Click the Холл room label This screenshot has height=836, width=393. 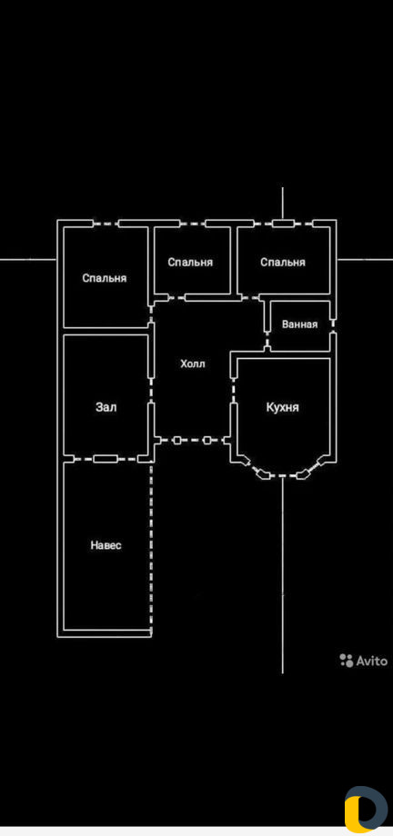(x=193, y=364)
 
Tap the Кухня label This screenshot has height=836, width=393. (x=282, y=408)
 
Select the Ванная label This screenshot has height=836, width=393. (x=299, y=324)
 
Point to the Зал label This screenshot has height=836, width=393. (x=106, y=407)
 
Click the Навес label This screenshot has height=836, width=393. (x=106, y=545)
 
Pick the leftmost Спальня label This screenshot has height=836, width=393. (x=105, y=278)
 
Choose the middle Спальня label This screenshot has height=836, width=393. (x=190, y=263)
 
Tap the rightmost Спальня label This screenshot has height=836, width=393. (x=283, y=263)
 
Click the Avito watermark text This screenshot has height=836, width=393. (x=372, y=661)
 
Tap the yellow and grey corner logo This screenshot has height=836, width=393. (x=367, y=809)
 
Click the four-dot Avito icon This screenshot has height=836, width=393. (x=347, y=660)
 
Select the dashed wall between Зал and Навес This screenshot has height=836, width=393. (x=106, y=459)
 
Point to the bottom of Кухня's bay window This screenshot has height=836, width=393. (x=282, y=474)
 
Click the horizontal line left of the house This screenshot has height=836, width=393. (x=28, y=260)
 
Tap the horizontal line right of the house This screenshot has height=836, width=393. (x=365, y=260)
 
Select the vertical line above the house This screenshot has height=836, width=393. (x=282, y=204)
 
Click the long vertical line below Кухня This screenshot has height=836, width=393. (x=282, y=575)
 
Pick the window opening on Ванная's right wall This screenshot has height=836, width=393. (x=333, y=324)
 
